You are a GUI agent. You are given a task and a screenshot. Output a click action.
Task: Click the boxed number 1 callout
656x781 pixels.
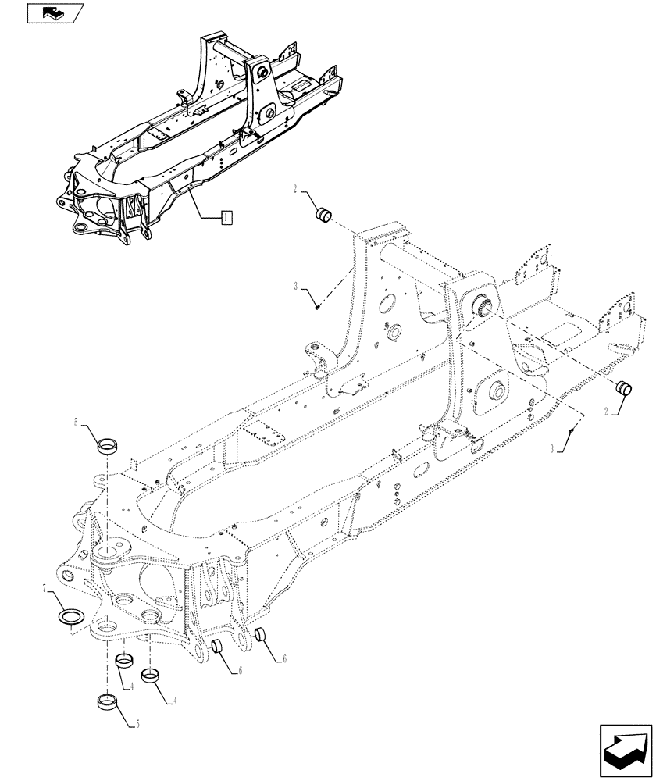point(226,217)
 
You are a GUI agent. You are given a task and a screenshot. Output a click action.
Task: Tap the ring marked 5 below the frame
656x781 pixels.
point(108,701)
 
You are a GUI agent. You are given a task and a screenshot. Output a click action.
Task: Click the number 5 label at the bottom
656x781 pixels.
point(137,724)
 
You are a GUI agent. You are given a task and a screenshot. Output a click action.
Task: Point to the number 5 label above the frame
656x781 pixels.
point(75,423)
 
